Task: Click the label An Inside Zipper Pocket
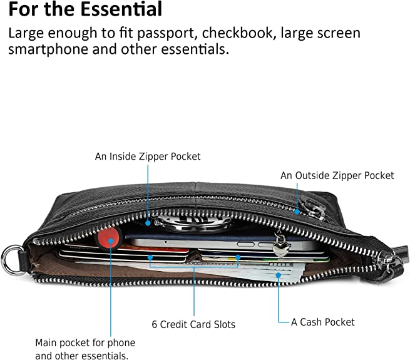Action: pyautogui.click(x=148, y=157)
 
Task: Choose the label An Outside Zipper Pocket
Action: pyautogui.click(x=337, y=176)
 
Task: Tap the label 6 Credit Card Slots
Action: pyautogui.click(x=193, y=324)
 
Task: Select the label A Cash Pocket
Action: pyautogui.click(x=323, y=322)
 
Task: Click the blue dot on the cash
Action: pyautogui.click(x=277, y=274)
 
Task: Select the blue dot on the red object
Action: pyautogui.click(x=111, y=239)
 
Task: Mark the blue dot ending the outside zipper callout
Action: pyautogui.click(x=297, y=212)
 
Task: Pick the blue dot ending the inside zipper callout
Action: pyautogui.click(x=148, y=222)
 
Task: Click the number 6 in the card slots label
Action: pyautogui.click(x=155, y=324)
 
